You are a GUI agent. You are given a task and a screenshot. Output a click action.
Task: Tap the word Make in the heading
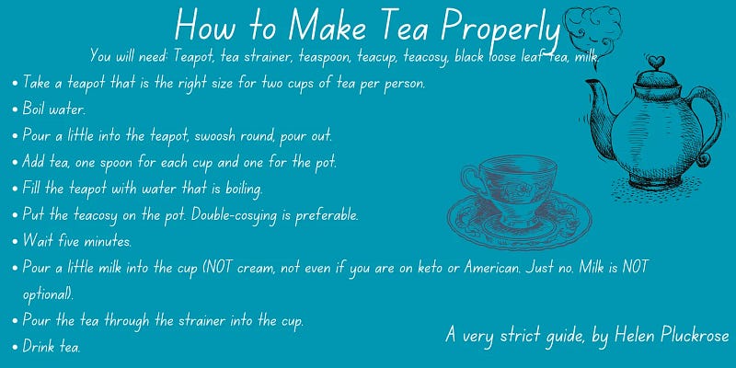point(327,25)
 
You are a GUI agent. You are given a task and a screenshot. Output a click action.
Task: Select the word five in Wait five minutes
point(68,242)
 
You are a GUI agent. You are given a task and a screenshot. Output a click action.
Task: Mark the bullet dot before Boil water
point(16,110)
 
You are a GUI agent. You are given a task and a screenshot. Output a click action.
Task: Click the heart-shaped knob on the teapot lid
point(656,62)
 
